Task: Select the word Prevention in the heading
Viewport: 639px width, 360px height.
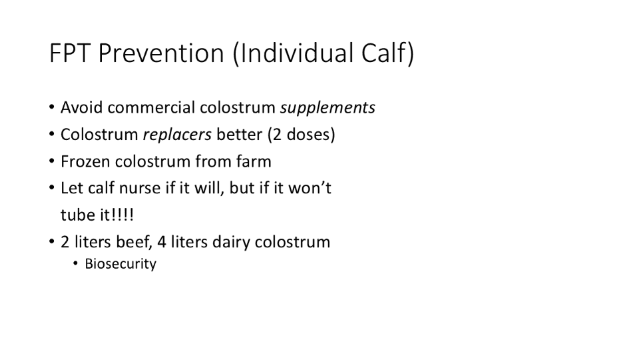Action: pos(161,53)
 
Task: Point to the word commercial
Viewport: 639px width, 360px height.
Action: pos(151,108)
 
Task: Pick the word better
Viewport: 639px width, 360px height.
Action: pos(239,134)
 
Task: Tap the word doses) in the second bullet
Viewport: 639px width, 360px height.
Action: pos(311,134)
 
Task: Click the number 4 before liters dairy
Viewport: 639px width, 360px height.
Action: pos(161,242)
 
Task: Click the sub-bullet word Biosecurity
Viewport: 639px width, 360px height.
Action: pos(120,264)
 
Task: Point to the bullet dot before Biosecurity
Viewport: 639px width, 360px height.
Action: pos(75,264)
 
